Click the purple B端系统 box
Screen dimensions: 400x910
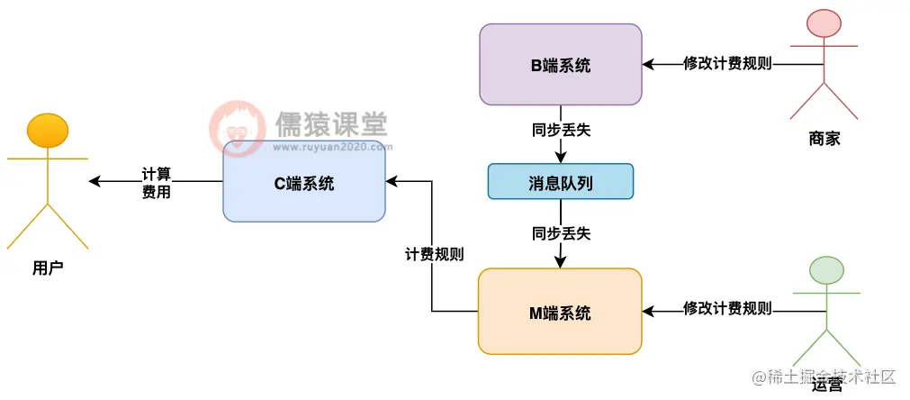(x=560, y=65)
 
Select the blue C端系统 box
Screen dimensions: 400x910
(x=304, y=184)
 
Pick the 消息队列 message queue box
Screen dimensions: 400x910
(x=560, y=181)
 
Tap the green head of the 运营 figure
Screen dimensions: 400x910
(x=826, y=269)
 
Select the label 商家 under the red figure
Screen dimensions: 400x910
(x=824, y=139)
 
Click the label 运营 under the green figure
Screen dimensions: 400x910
(x=825, y=386)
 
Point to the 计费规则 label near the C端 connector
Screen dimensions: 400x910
(x=434, y=254)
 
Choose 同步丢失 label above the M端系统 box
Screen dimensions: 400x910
(x=561, y=233)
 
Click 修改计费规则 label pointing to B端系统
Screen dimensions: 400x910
(x=727, y=64)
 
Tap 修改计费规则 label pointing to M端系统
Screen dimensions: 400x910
(x=727, y=308)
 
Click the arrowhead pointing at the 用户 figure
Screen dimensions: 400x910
(x=95, y=182)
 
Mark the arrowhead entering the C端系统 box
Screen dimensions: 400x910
(x=392, y=181)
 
